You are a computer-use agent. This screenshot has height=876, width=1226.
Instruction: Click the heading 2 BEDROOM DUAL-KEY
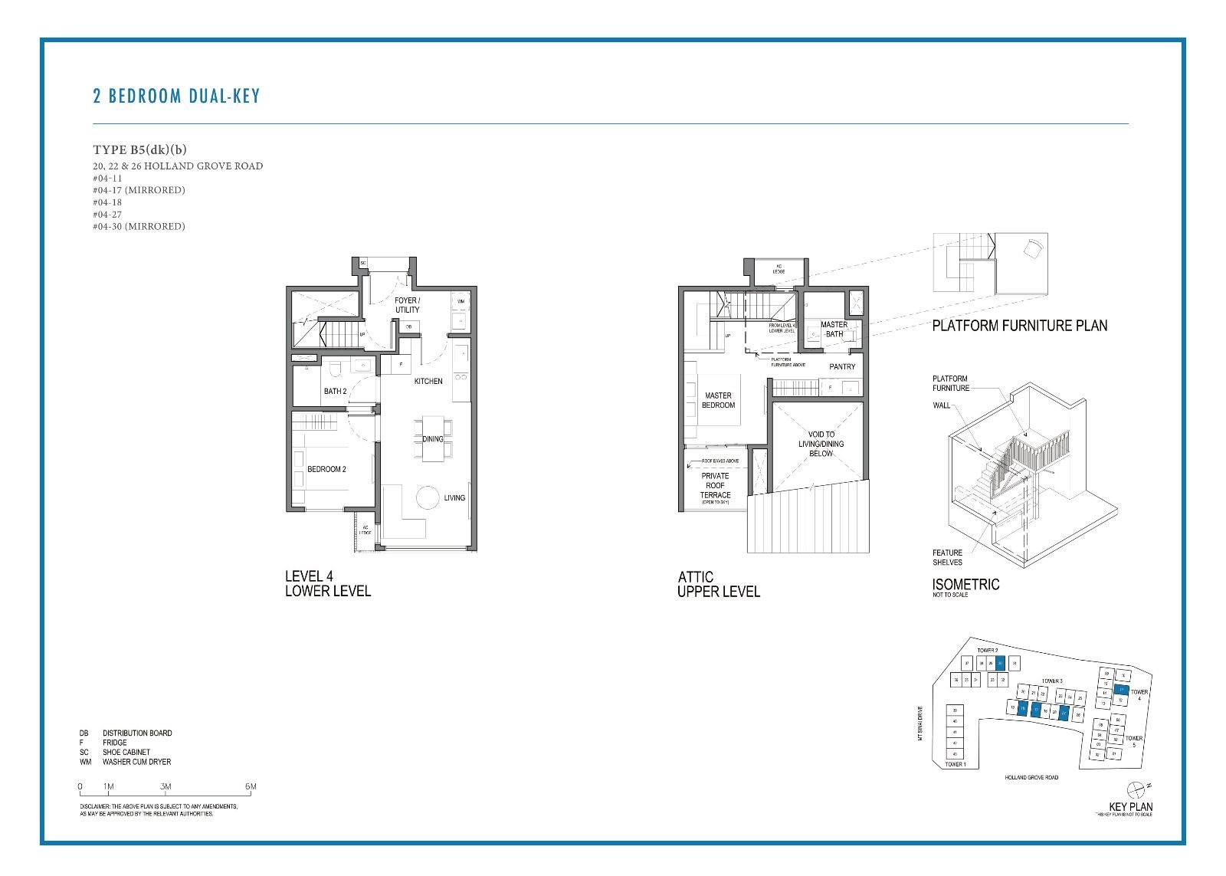click(176, 97)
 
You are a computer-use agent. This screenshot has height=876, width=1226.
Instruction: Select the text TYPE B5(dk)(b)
click(139, 149)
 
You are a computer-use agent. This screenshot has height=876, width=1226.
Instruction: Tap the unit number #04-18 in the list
click(107, 202)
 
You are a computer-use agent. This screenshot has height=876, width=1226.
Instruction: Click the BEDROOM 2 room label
click(326, 469)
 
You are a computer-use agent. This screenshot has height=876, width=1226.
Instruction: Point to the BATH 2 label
click(335, 391)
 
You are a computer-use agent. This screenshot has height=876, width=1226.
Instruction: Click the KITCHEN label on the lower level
click(428, 381)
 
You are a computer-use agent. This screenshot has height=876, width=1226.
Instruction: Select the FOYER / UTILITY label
click(407, 305)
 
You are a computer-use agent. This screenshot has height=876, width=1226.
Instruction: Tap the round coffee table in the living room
click(428, 498)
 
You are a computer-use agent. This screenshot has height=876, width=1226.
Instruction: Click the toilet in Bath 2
click(334, 370)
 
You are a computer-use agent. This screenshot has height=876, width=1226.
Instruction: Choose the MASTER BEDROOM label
click(718, 400)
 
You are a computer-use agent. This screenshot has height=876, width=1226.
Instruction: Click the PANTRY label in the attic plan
click(842, 366)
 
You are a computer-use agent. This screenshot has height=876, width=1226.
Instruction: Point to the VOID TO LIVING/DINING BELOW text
click(821, 444)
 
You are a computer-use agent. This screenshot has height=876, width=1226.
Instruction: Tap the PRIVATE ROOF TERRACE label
click(715, 485)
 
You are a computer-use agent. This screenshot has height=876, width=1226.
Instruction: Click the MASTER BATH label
click(834, 329)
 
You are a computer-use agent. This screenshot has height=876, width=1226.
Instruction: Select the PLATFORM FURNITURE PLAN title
click(1019, 326)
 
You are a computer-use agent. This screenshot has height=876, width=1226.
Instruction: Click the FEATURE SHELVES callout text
click(947, 557)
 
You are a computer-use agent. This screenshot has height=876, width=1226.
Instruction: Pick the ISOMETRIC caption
click(965, 585)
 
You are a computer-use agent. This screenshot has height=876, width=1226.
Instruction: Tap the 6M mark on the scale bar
click(251, 786)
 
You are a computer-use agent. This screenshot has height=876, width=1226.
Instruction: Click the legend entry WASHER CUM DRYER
click(136, 762)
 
